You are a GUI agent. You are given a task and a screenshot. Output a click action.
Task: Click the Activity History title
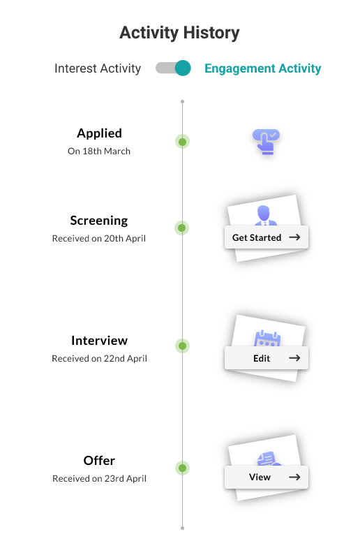[x=179, y=33]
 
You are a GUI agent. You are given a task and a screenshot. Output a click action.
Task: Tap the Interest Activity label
[x=98, y=68]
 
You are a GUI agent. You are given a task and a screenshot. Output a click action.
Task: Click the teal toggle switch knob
[x=183, y=68]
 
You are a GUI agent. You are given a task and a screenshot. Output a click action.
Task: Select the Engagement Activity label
[x=263, y=68]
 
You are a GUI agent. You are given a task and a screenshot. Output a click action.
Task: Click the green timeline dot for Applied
[x=183, y=142]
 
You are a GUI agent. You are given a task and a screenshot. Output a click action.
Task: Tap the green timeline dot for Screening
[x=182, y=228]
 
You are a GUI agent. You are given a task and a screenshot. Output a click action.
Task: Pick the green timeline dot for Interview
[x=183, y=346]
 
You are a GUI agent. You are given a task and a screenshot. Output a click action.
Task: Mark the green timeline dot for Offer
[x=183, y=468]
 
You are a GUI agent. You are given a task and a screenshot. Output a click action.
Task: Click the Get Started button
[x=267, y=237]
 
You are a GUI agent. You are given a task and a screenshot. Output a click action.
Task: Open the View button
[x=267, y=477]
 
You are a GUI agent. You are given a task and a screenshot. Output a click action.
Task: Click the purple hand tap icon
[x=266, y=142]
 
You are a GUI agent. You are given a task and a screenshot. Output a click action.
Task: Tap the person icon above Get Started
[x=265, y=215]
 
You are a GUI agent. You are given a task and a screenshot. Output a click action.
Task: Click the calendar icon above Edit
[x=267, y=339]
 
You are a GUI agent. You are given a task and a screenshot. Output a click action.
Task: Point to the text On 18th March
[x=99, y=151]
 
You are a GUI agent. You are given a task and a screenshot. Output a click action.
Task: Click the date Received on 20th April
[x=99, y=239]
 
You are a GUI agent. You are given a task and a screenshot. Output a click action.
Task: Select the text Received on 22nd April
[x=99, y=359]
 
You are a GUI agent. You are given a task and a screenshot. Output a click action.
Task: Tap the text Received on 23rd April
[x=99, y=478]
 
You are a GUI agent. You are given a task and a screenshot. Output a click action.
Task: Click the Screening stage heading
[x=99, y=221]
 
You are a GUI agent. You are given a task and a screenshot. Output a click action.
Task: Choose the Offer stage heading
[x=99, y=461]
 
